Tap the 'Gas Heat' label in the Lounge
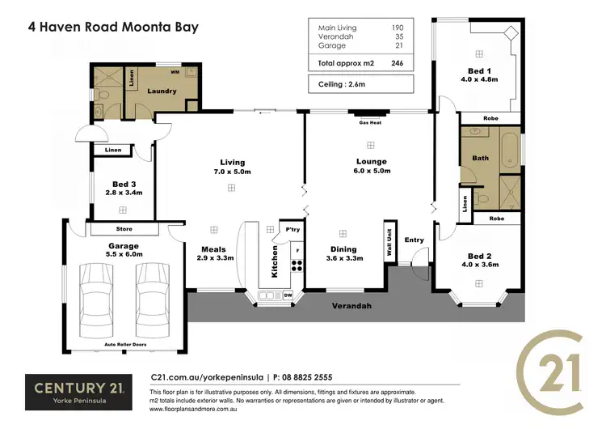[x=370, y=122]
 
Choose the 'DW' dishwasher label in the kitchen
[x=288, y=295]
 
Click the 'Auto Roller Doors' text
[x=124, y=344]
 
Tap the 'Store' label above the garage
[x=124, y=228]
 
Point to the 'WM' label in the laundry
[x=175, y=73]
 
